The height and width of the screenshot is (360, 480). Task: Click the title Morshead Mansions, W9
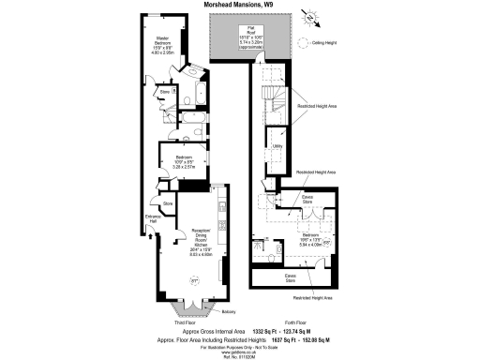click(240, 5)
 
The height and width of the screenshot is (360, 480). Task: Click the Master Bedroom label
click(160, 46)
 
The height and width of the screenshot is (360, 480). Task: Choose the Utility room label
click(278, 145)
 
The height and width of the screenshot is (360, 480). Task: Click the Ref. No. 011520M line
click(239, 358)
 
